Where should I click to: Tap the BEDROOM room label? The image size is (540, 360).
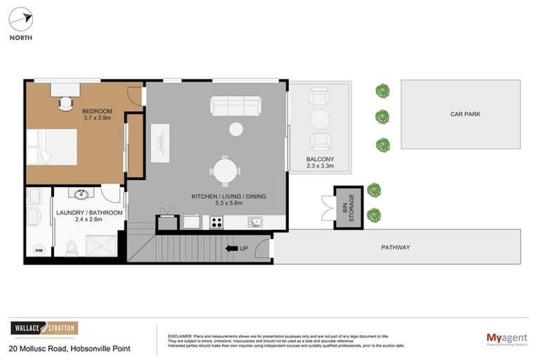(x=96, y=111)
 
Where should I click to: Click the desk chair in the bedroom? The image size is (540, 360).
(x=65, y=103)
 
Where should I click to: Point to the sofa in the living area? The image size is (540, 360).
(x=235, y=105)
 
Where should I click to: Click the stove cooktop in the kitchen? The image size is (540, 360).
(x=217, y=222)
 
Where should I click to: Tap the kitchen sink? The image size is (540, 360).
(x=255, y=222)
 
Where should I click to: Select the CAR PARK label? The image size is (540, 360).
(x=465, y=113)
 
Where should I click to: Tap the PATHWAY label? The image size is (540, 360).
(x=395, y=247)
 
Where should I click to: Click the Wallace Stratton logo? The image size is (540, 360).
(x=44, y=328)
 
